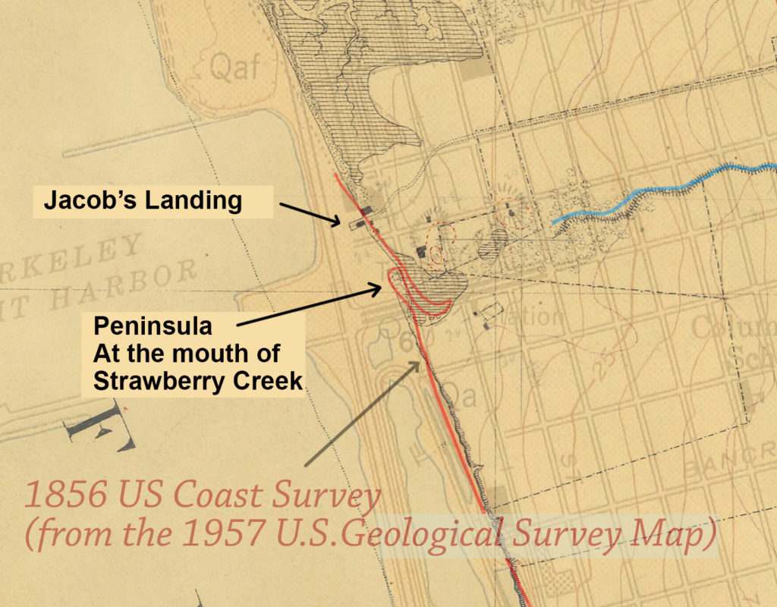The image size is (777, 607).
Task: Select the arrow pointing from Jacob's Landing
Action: pyautogui.click(x=311, y=213)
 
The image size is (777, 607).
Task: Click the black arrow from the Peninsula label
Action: pyautogui.click(x=311, y=306)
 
